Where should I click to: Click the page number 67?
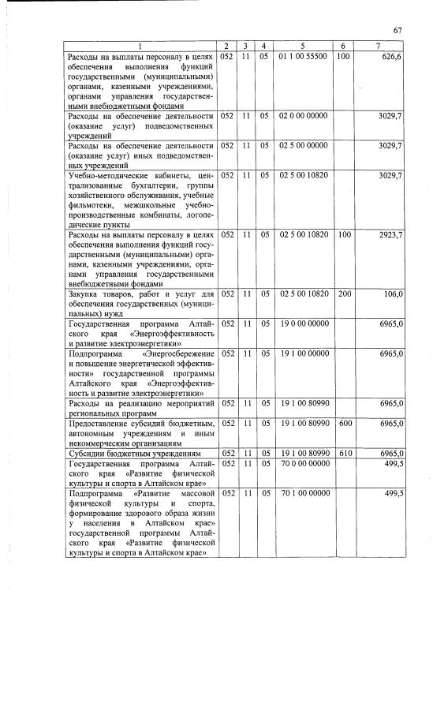point(398,31)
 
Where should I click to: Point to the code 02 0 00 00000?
point(303,116)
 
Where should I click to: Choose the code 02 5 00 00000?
point(303,146)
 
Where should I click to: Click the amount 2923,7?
point(390,235)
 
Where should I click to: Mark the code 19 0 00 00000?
point(303,323)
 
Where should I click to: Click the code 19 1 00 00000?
point(303,353)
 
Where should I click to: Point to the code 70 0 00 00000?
point(303,463)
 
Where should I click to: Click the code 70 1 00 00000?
point(303,493)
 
